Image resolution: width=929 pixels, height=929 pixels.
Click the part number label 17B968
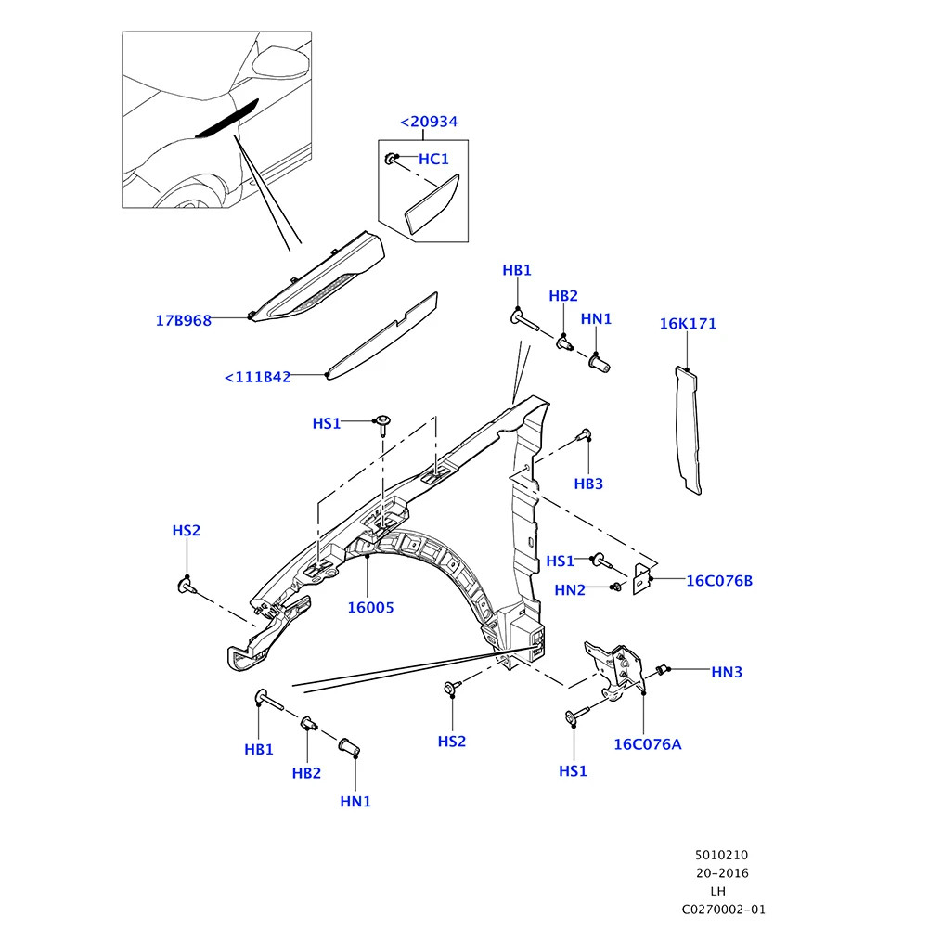[183, 321]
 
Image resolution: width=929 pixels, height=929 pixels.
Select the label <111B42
[258, 377]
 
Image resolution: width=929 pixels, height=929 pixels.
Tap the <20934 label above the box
[429, 122]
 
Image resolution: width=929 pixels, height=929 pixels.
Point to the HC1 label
[433, 160]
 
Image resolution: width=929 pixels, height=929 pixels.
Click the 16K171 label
[688, 324]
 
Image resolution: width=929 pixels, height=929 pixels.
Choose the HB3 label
[588, 484]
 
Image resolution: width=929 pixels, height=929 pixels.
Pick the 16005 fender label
[371, 608]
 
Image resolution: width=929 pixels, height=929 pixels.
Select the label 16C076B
[719, 581]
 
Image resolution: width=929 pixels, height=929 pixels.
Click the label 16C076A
[647, 743]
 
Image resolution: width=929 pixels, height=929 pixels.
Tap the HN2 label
[570, 589]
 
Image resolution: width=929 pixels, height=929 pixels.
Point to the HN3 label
[727, 671]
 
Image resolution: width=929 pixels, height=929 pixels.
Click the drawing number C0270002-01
[724, 910]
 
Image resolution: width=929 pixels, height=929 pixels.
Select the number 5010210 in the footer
[722, 855]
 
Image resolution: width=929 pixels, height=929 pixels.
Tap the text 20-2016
[723, 873]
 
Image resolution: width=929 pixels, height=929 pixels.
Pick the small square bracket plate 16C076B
[641, 578]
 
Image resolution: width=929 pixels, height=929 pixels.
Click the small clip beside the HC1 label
[393, 160]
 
